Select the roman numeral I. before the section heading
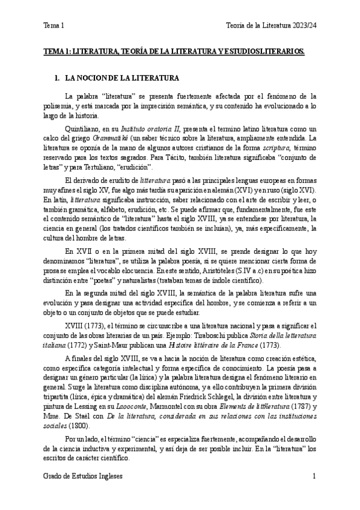pyautogui.click(x=57, y=79)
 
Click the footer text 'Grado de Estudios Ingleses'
pyautogui.click(x=83, y=476)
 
